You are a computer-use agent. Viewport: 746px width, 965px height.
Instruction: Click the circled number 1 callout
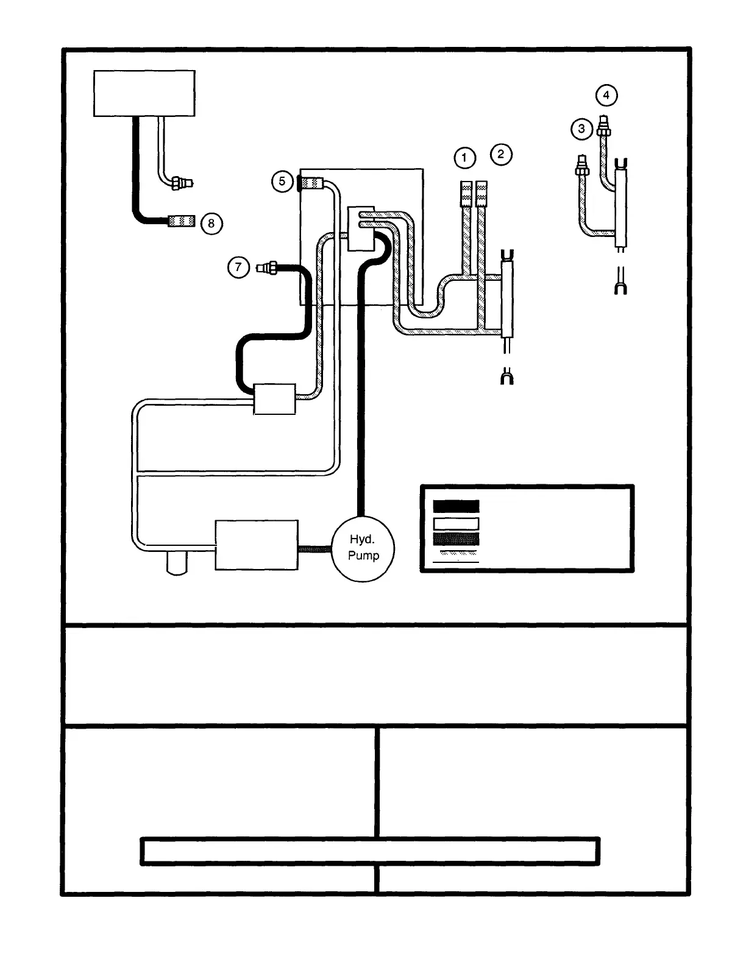click(x=464, y=158)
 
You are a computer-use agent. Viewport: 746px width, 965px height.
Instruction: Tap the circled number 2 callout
click(x=501, y=154)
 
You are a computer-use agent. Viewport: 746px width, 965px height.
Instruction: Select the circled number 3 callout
click(x=581, y=129)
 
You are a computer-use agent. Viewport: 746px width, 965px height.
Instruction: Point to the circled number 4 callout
click(x=606, y=95)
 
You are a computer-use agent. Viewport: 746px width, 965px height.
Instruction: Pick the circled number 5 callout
click(x=282, y=182)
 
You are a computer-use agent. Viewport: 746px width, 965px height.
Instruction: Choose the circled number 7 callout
click(x=238, y=267)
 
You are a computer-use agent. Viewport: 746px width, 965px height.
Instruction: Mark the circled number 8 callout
click(x=211, y=224)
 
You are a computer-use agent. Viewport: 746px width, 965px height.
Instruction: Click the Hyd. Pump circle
click(x=363, y=548)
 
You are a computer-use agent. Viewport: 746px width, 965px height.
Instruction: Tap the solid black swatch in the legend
click(x=456, y=506)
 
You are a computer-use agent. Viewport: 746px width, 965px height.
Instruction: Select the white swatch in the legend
click(x=456, y=523)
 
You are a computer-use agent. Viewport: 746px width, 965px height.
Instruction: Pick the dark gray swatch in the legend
click(x=456, y=539)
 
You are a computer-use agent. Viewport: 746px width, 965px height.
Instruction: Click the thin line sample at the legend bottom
click(x=456, y=561)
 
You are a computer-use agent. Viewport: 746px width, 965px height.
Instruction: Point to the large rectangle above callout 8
click(x=144, y=93)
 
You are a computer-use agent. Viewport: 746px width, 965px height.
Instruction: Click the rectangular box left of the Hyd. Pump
click(x=257, y=545)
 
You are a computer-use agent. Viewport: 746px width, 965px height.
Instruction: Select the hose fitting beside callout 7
click(x=268, y=267)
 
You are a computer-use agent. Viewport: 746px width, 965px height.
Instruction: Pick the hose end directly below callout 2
click(x=481, y=193)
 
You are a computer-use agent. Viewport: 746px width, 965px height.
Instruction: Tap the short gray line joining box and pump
click(x=314, y=550)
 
